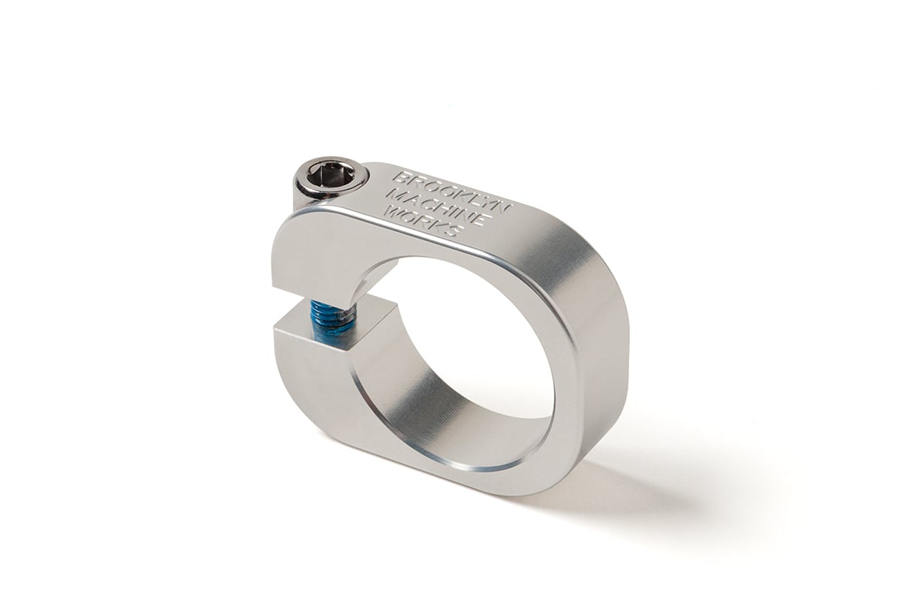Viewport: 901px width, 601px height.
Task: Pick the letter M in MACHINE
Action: [x=393, y=195]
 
